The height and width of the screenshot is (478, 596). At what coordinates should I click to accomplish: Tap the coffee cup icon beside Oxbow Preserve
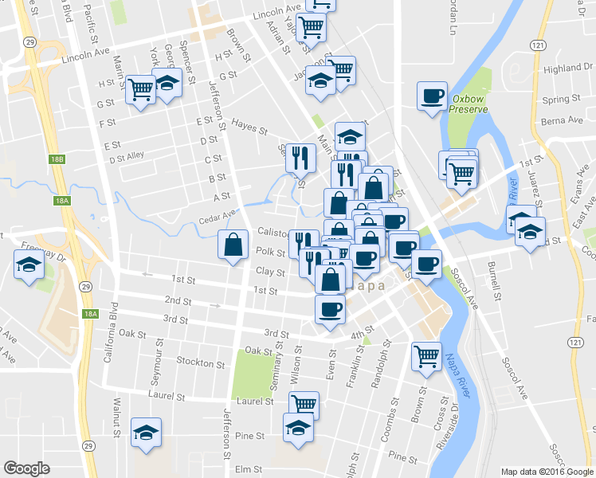click(x=433, y=96)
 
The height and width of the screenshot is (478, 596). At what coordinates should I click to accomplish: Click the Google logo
click(x=26, y=468)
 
